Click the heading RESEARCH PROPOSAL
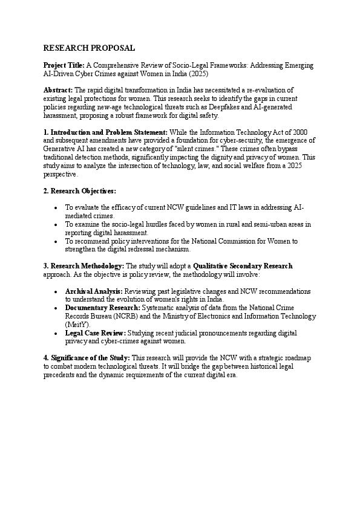(90, 48)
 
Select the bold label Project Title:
(64, 65)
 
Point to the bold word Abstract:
(58, 89)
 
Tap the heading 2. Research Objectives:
(79, 191)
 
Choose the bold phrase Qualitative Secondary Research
(243, 266)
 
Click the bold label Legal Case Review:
(96, 333)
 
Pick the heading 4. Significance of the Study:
(87, 358)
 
